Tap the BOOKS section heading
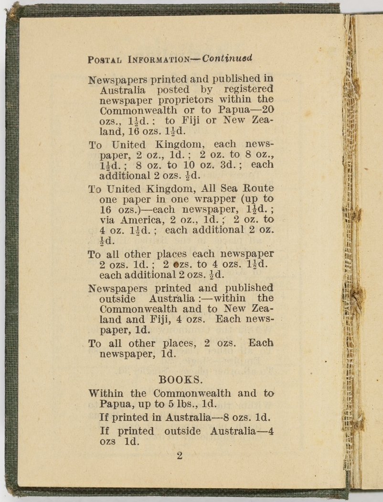[x=181, y=380]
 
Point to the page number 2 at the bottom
[x=180, y=456]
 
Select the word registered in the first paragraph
[x=248, y=89]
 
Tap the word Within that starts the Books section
[x=107, y=393]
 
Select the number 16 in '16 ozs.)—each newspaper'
[x=105, y=209]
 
